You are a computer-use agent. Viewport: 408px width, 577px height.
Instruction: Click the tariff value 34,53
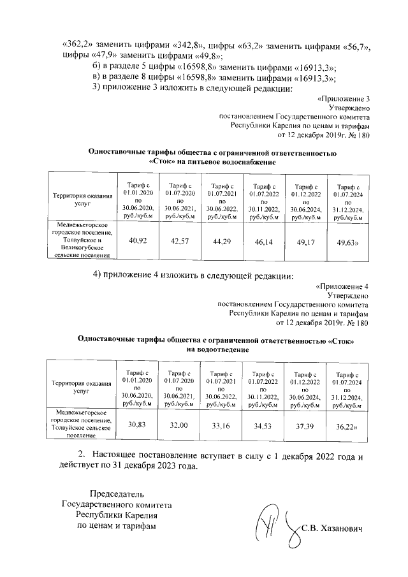263,425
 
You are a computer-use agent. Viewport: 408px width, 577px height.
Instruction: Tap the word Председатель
116,493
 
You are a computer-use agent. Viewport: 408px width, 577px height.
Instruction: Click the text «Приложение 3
343,100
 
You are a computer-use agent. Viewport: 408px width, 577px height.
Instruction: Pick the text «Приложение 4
342,286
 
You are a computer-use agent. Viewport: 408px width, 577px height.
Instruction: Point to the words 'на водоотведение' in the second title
216,349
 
